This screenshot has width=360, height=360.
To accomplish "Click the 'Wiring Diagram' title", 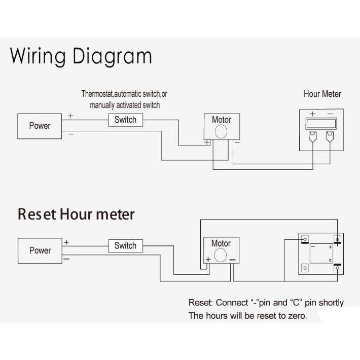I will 81,56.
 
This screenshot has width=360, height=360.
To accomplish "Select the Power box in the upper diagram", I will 40,126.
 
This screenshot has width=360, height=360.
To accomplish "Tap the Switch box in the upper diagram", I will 125,120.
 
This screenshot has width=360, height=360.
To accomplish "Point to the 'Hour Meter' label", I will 322,94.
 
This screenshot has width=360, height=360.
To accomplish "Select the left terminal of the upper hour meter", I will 313,136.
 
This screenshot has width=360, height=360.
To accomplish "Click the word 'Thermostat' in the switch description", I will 97,94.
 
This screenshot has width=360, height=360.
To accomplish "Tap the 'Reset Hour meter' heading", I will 76,214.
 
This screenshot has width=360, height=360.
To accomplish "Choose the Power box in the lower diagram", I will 40,250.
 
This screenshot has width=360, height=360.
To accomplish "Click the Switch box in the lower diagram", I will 125,246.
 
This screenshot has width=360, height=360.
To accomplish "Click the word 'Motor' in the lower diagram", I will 221,243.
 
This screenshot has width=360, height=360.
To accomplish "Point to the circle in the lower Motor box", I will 221,256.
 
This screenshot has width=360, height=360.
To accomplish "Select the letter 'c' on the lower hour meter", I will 330,260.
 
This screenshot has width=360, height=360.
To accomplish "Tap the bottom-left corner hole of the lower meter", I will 305,268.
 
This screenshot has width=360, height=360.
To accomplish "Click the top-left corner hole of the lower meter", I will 305,238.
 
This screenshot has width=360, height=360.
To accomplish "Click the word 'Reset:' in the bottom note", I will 200,303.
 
